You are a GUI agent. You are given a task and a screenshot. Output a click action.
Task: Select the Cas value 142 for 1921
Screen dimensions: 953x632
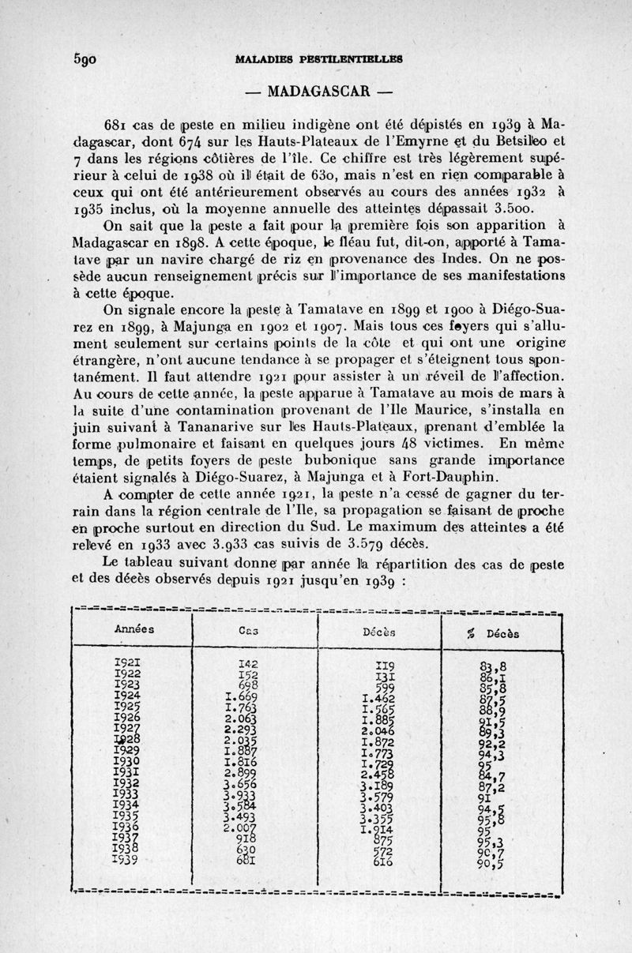[x=248, y=664]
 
